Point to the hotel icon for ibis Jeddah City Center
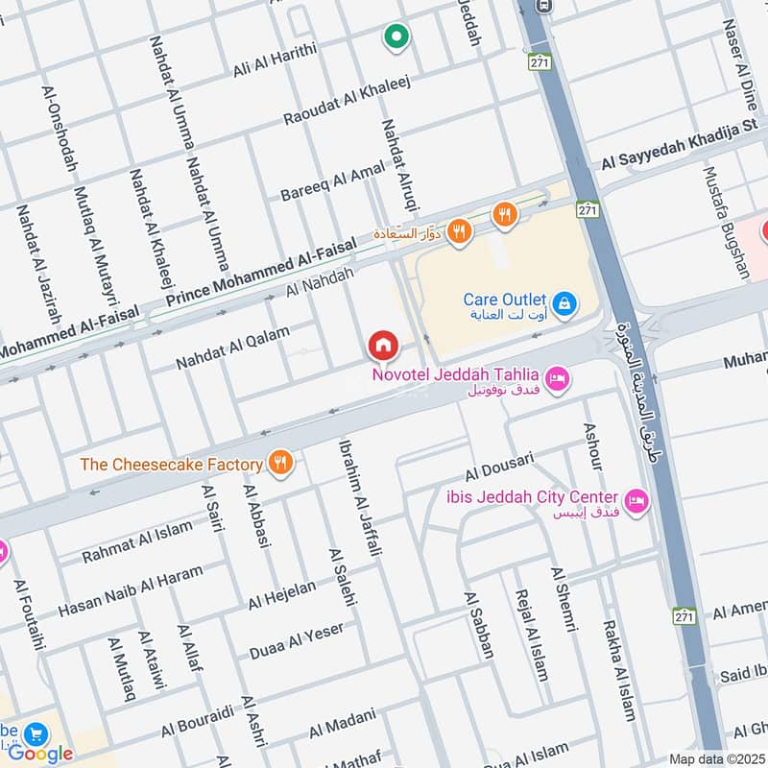click(636, 500)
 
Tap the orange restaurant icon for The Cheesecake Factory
click(280, 464)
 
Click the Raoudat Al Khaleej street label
click(347, 101)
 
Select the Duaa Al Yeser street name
click(296, 640)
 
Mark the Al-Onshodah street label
click(59, 129)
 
